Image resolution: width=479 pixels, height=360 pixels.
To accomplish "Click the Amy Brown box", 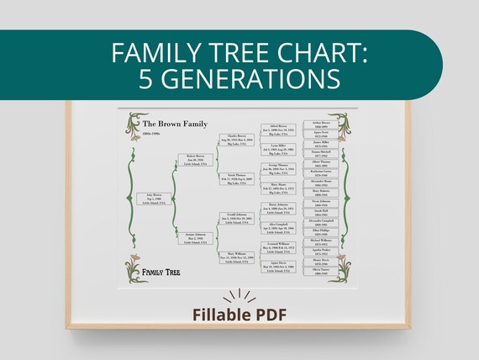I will click(151, 199).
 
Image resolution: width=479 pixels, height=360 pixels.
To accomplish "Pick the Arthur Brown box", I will click(320, 124).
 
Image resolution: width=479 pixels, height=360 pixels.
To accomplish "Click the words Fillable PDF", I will click(239, 317).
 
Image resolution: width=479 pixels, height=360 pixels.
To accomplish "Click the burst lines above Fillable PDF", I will click(239, 296).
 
